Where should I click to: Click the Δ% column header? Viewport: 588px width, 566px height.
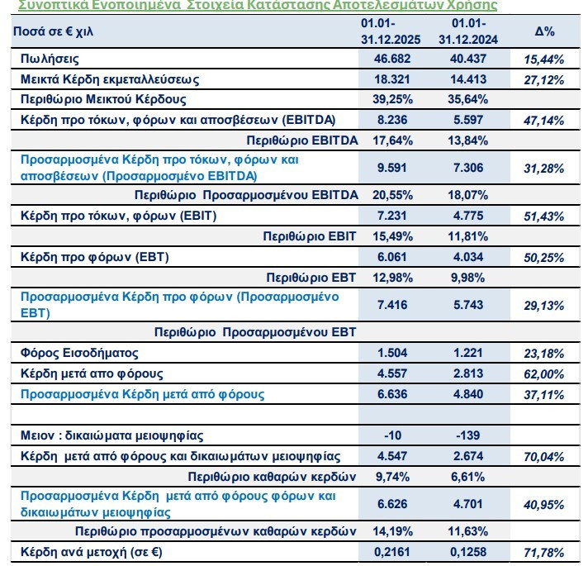pos(544,31)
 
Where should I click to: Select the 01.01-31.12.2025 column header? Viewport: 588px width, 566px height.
pos(391,31)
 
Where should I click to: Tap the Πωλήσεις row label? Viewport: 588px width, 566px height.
pos(50,59)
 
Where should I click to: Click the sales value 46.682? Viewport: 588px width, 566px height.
pos(392,59)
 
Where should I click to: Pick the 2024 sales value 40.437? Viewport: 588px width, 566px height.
pos(468,59)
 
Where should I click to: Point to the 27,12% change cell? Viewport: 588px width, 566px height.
pos(543,80)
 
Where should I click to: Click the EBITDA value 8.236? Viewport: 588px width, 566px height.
pos(392,120)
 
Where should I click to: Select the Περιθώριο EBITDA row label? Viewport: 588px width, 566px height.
pos(302,140)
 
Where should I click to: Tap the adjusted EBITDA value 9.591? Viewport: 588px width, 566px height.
pos(392,168)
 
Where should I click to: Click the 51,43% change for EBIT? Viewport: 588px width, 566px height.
pos(543,216)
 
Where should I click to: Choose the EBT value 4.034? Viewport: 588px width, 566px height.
pos(468,257)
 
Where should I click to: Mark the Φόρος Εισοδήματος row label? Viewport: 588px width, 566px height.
pos(79,353)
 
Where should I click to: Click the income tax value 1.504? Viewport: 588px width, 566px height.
pos(392,353)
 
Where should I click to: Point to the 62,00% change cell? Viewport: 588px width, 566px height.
pos(543,374)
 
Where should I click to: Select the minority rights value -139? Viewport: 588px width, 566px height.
pos(467,435)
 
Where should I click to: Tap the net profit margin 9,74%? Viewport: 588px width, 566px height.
pos(392,477)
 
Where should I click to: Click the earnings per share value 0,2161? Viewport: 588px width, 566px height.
pos(392,552)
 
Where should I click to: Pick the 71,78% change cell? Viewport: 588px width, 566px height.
pos(543,553)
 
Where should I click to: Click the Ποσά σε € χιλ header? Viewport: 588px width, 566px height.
pos(53,31)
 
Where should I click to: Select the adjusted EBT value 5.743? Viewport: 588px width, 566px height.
pos(468,305)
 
